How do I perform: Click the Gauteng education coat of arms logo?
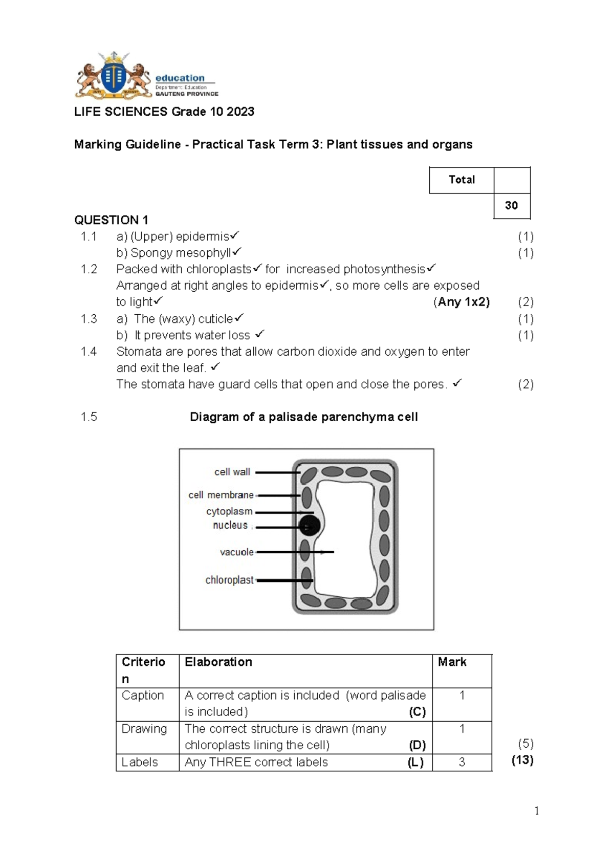pos(114,75)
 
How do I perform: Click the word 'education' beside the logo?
pos(180,78)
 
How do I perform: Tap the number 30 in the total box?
pos(511,206)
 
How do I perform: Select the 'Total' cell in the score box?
pos(462,180)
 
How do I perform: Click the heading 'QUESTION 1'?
pos(111,220)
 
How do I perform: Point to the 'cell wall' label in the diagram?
pos(232,472)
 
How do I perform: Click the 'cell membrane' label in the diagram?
pos(221,495)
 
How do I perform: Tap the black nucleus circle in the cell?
pos(310,526)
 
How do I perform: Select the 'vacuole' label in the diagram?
pos(236,552)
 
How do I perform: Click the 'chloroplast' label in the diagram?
pos(229,580)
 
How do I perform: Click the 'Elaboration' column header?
pos(218,662)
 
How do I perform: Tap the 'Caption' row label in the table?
pos(143,696)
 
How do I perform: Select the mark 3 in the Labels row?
pos(462,763)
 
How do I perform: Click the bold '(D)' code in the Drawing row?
pos(417,745)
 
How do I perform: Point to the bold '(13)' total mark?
pos(522,760)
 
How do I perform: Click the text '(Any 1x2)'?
pos(462,302)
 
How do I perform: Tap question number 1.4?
pos(89,352)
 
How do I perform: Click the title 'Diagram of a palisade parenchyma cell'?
pos(303,417)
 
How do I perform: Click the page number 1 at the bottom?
pos(536,811)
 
